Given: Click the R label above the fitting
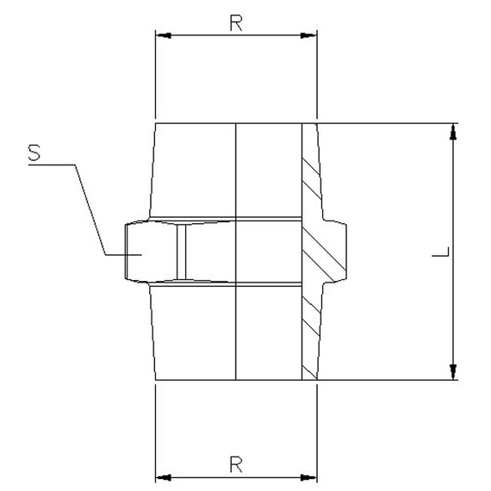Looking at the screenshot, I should pyautogui.click(x=235, y=23).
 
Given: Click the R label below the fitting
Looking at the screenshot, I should pyautogui.click(x=235, y=464).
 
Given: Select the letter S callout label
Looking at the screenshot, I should pyautogui.click(x=34, y=152).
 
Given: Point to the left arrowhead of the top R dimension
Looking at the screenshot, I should pyautogui.click(x=161, y=35).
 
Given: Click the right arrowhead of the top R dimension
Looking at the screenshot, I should pyautogui.click(x=311, y=35).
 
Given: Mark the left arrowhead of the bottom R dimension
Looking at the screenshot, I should pyautogui.click(x=161, y=476).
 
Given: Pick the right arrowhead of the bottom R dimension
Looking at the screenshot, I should pyautogui.click(x=311, y=476).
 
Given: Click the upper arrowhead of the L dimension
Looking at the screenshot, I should pyautogui.click(x=454, y=130).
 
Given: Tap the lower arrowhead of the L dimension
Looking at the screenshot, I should pyautogui.click(x=454, y=372).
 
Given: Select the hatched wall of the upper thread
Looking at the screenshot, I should pyautogui.click(x=310, y=172).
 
